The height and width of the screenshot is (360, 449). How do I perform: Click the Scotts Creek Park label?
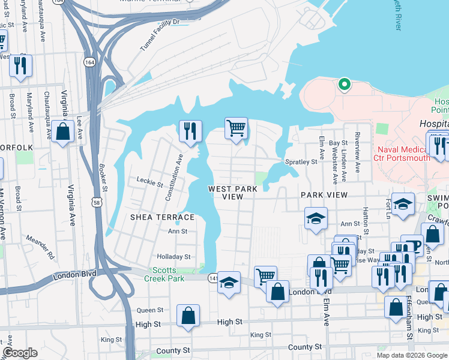[x=168, y=274]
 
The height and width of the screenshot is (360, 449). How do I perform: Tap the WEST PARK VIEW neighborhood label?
[x=233, y=193]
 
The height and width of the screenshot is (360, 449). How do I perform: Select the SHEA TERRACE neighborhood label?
[x=162, y=217]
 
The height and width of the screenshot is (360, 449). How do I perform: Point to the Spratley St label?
[x=301, y=162]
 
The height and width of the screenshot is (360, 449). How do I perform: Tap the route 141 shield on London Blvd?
[x=213, y=278]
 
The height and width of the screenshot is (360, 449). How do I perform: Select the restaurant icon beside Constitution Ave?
[x=190, y=130]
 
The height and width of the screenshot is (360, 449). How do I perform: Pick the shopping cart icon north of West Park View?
[x=237, y=127]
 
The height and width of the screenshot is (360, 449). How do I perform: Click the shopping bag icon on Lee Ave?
[x=62, y=131]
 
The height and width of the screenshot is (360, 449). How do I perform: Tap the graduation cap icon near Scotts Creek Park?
[x=229, y=281]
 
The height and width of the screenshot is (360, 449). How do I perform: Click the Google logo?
[x=20, y=353]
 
